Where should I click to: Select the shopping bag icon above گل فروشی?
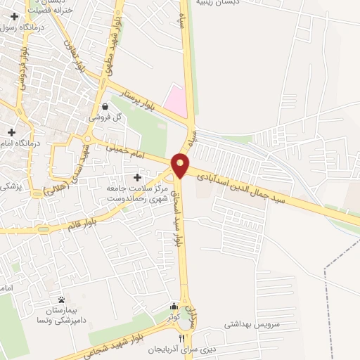pos(105,107)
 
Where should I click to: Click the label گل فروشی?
pos(105,117)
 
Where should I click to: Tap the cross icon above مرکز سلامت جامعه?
pos(136,178)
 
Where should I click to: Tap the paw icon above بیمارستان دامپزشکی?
pos(61,300)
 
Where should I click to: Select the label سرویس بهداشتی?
pos(252,325)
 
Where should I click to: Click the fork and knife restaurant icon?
pos(183,338)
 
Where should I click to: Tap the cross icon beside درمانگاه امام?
pos(11,131)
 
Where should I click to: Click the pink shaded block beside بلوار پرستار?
pos(176,101)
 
